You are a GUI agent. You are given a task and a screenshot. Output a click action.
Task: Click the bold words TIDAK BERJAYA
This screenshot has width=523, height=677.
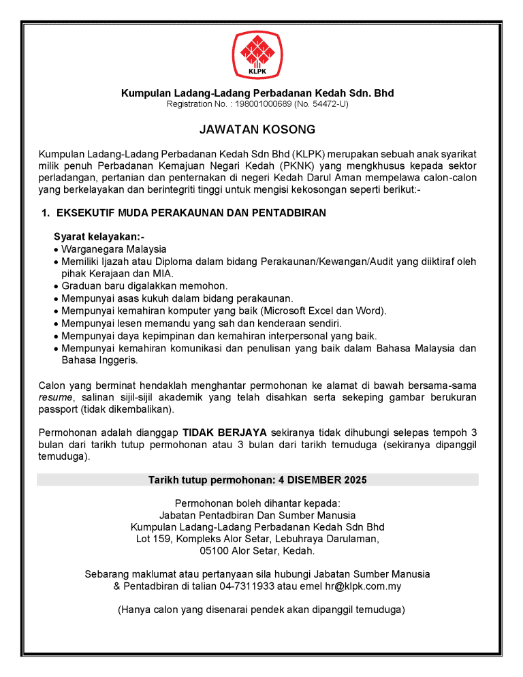(x=225, y=432)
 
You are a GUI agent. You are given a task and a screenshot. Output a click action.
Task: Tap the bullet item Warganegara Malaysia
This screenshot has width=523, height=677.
(x=114, y=249)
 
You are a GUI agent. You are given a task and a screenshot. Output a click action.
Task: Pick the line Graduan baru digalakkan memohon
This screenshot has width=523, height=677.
(x=144, y=285)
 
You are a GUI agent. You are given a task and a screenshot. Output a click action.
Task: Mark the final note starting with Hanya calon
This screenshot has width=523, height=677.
(x=261, y=609)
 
